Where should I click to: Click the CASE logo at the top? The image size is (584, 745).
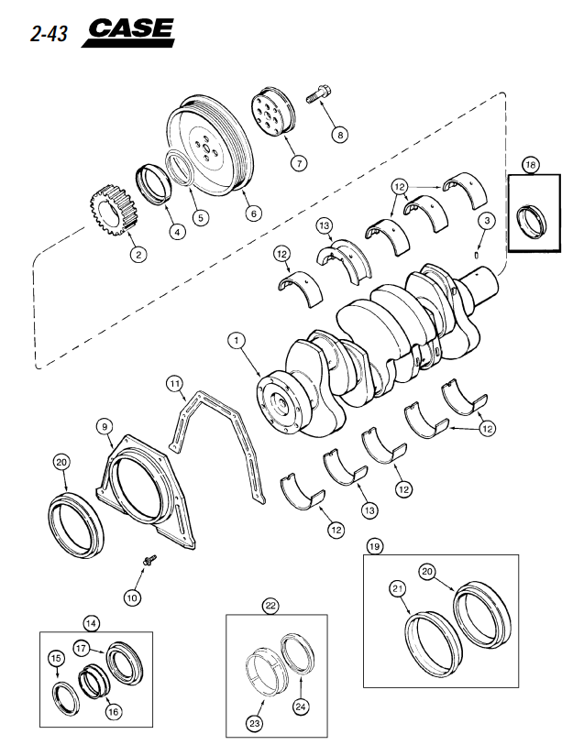pyautogui.click(x=128, y=32)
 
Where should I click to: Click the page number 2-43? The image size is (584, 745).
pyautogui.click(x=49, y=34)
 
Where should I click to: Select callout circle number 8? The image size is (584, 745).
pyautogui.click(x=340, y=135)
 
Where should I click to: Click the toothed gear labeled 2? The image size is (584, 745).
pyautogui.click(x=113, y=211)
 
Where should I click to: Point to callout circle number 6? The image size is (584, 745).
pyautogui.click(x=253, y=214)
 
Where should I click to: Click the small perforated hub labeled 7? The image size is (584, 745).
pyautogui.click(x=273, y=112)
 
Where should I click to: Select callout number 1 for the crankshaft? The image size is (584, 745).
pyautogui.click(x=237, y=341)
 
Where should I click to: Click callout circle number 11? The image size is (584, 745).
pyautogui.click(x=175, y=383)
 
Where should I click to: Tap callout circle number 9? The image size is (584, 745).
pyautogui.click(x=105, y=427)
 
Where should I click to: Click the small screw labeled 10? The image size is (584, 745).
pyautogui.click(x=149, y=560)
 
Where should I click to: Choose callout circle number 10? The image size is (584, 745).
pyautogui.click(x=132, y=597)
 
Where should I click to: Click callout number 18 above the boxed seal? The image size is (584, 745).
pyautogui.click(x=530, y=165)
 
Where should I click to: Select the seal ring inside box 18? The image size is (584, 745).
pyautogui.click(x=531, y=220)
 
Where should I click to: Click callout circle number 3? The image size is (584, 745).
pyautogui.click(x=487, y=221)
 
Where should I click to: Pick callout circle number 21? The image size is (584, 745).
pyautogui.click(x=398, y=589)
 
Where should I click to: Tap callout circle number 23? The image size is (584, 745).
pyautogui.click(x=255, y=723)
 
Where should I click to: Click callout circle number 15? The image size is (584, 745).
pyautogui.click(x=56, y=658)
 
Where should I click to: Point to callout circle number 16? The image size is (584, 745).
pyautogui.click(x=113, y=711)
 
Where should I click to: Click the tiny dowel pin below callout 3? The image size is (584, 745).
pyautogui.click(x=477, y=256)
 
